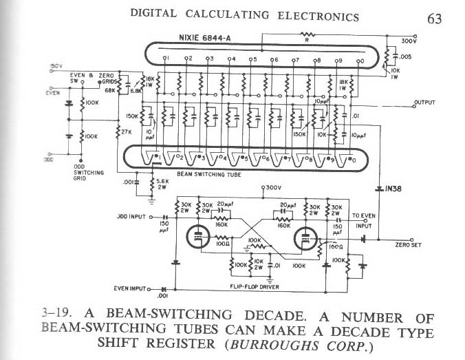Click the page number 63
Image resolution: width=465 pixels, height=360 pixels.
pos(434,19)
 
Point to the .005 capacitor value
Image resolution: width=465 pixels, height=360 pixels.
pos(404,57)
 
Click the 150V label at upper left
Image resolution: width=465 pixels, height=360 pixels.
pos(56,66)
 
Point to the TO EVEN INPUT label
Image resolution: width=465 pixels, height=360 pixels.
pos(364,220)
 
